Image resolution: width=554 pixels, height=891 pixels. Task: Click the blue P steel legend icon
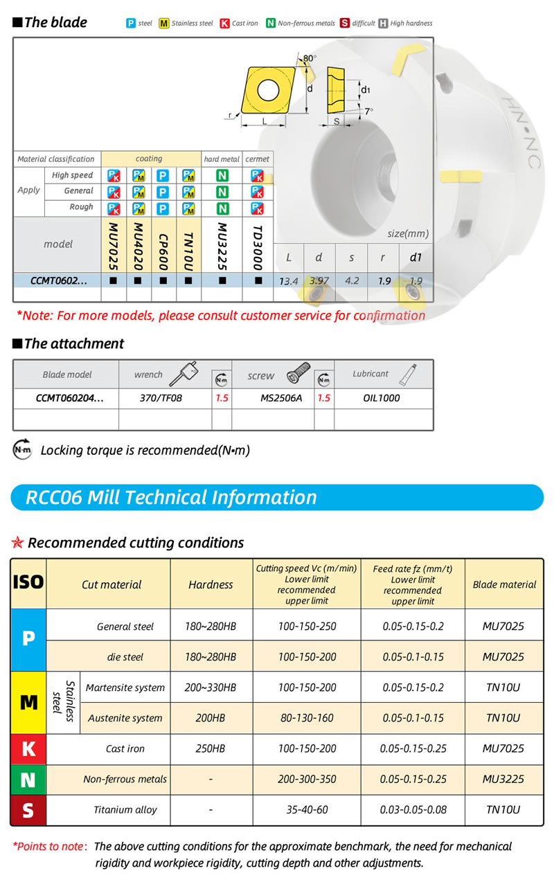coord(131,24)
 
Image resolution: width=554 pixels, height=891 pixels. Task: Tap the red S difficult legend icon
coord(344,24)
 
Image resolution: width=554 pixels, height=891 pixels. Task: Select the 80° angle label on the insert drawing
coord(310,58)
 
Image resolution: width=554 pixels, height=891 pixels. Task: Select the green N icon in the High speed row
coord(222,176)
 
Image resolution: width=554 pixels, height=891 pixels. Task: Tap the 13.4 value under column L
coord(288,281)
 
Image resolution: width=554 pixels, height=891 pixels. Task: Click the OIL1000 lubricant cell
coord(382,398)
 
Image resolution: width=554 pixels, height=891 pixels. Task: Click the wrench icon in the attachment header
coord(188,374)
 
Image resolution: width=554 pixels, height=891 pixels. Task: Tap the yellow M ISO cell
coord(28,703)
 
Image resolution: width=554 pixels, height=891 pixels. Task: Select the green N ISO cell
coord(28,780)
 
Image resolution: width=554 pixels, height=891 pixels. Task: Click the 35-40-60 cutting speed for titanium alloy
coord(307,809)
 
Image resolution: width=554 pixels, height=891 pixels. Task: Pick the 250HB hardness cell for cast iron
coord(211,748)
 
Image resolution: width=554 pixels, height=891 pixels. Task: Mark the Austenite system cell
coord(125,718)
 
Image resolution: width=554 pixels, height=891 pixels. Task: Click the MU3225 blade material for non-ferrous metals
coord(503,779)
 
